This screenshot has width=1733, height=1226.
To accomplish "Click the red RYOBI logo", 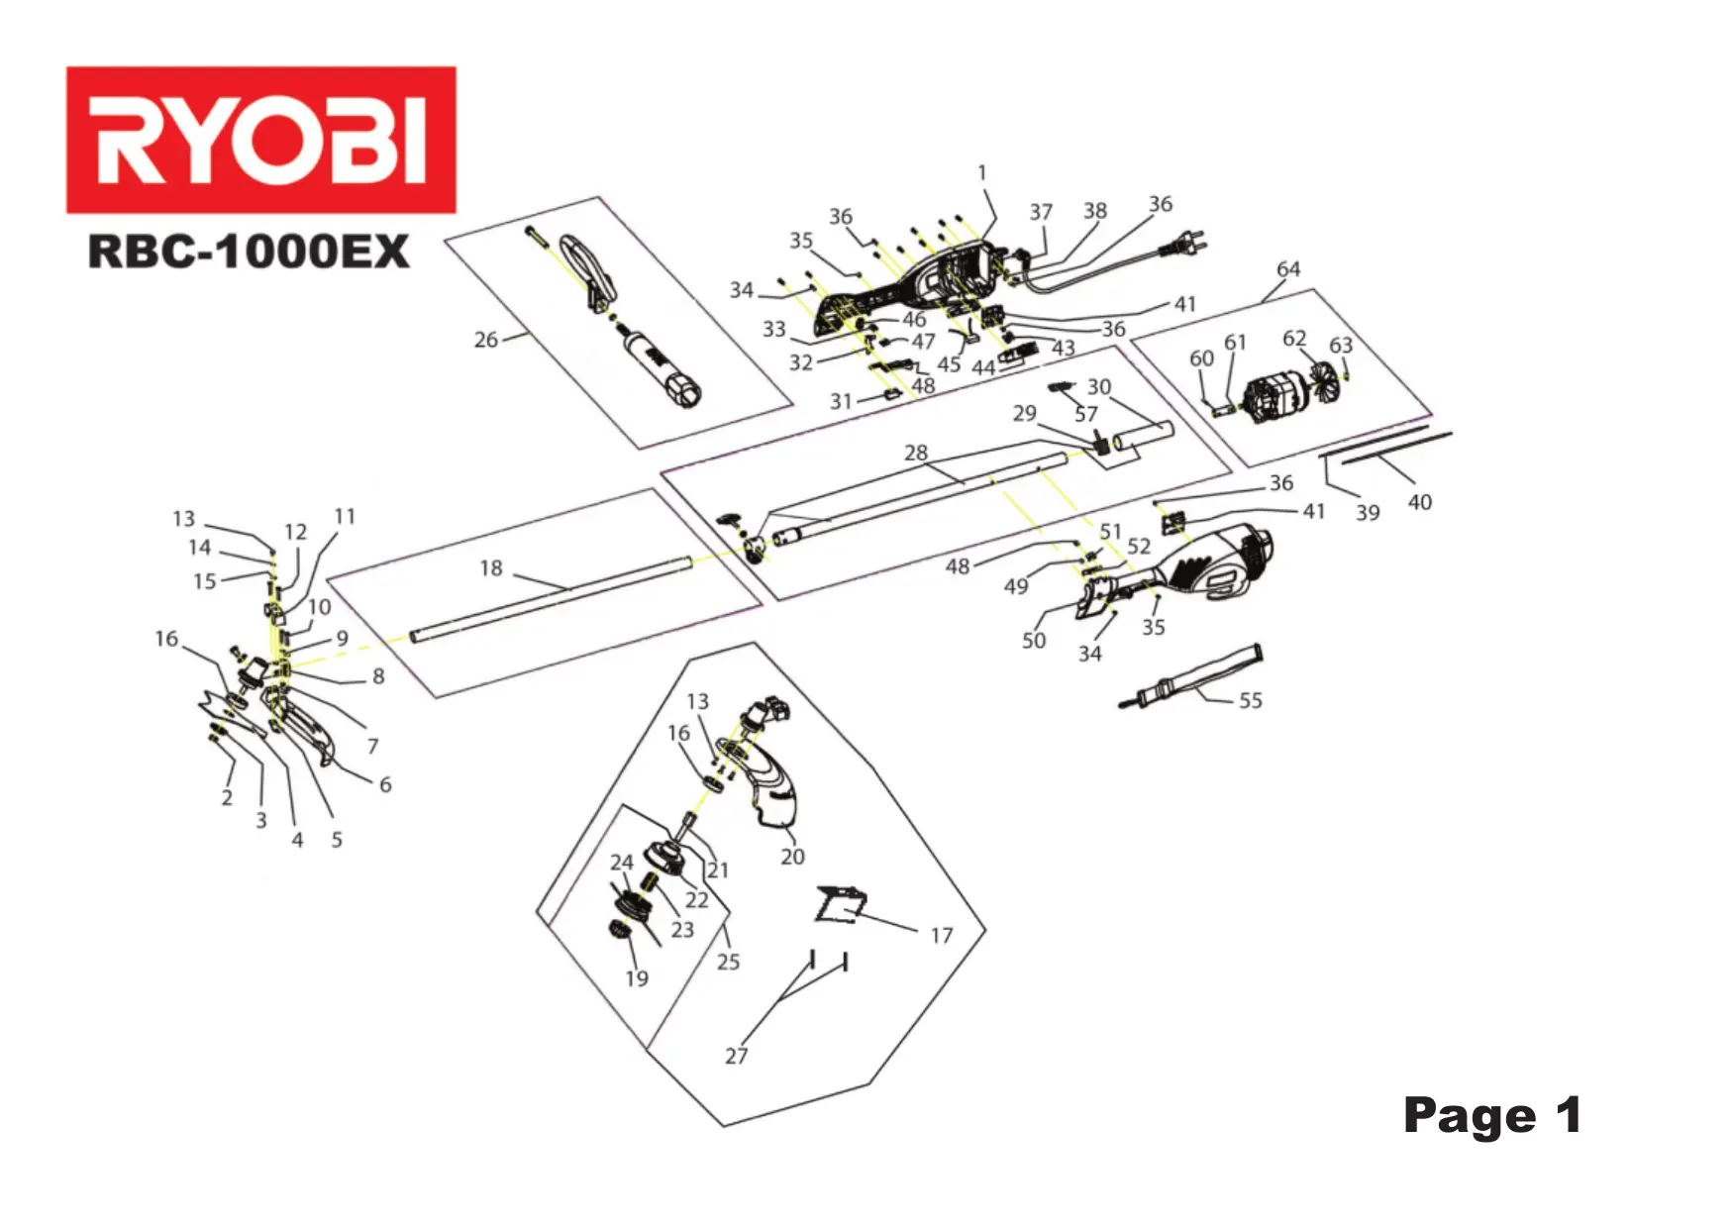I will (260, 140).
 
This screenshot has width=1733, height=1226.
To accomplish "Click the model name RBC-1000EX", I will (248, 252).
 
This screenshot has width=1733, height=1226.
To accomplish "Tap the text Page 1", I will (1491, 1116).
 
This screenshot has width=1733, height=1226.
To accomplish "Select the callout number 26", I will (485, 340).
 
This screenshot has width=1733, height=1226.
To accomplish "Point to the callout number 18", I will (491, 568).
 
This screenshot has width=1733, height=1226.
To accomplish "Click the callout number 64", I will (1287, 269).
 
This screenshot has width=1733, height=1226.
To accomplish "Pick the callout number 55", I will (1251, 701).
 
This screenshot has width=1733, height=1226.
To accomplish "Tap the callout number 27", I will (736, 1056).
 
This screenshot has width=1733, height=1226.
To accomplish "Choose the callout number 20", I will (792, 857).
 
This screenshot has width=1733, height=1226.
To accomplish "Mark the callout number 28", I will (916, 454).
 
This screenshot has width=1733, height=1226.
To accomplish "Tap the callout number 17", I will (941, 936).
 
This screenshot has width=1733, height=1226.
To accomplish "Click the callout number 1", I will (982, 173).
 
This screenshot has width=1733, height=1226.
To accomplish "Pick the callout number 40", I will (1419, 503).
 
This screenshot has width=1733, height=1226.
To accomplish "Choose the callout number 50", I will (1033, 641).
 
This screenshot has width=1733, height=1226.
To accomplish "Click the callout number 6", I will (385, 784).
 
